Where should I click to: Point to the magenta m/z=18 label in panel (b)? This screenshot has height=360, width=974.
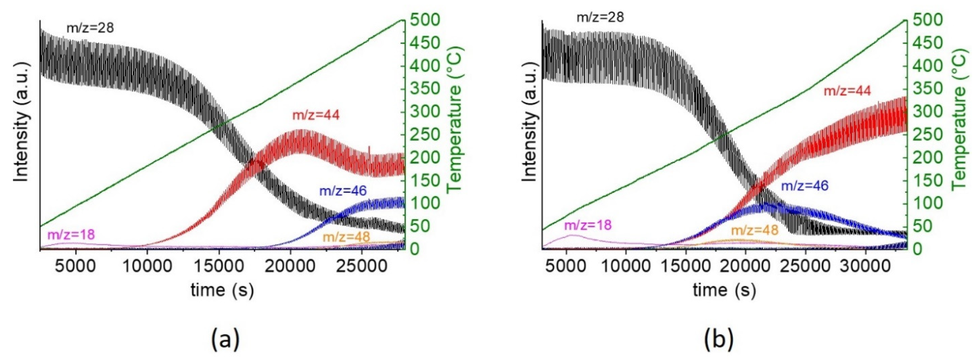[588, 225]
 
